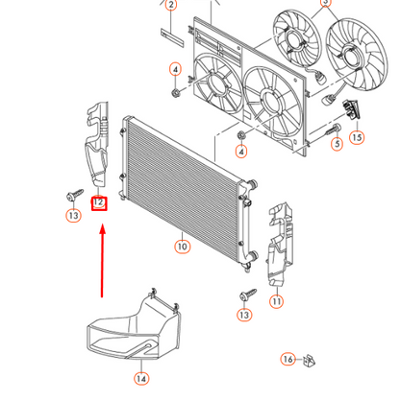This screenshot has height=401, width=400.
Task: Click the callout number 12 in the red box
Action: click(99, 203)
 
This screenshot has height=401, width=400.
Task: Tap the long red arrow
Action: click(103, 261)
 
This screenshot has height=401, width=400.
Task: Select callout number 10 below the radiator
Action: click(183, 247)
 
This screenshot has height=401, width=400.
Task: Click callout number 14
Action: click(141, 379)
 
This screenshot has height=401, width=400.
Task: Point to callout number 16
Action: click(288, 360)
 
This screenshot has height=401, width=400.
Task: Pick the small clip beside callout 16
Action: click(309, 361)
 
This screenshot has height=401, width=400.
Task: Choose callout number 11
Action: click(276, 301)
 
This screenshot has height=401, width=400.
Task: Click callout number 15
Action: click(357, 137)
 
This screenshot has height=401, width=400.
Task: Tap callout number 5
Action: click(337, 144)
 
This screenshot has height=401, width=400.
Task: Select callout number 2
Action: click(171, 5)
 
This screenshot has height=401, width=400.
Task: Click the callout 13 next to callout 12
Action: click(74, 215)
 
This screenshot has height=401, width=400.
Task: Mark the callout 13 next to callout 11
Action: click(244, 315)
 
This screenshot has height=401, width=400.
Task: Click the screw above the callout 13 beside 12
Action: click(75, 195)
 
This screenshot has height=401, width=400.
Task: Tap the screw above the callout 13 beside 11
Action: click(248, 295)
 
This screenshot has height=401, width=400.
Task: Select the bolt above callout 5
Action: click(333, 130)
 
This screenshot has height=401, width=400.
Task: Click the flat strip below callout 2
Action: click(172, 37)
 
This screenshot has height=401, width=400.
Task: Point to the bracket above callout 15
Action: click(351, 109)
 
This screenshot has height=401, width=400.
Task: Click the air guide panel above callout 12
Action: click(97, 144)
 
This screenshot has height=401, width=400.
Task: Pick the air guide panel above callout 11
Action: click(280, 244)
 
